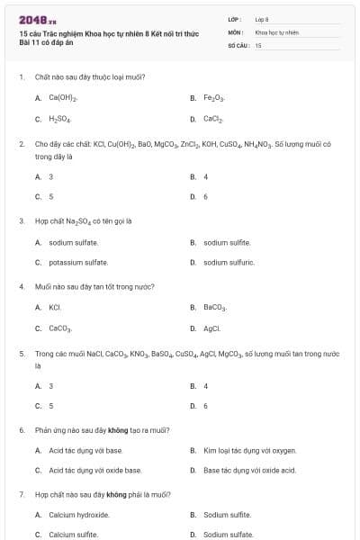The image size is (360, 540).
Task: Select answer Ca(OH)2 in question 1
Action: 63,97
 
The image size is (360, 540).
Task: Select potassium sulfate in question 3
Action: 78,263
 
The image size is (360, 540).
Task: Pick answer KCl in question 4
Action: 55,307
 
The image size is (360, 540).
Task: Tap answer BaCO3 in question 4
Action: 216,307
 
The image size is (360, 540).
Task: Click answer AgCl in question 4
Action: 212,328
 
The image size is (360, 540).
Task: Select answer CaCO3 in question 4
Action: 60,328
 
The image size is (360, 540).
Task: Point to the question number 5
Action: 22,354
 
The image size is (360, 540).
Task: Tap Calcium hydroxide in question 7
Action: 79,515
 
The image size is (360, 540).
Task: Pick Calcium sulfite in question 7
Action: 73,535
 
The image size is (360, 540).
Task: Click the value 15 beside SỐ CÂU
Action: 258,45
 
